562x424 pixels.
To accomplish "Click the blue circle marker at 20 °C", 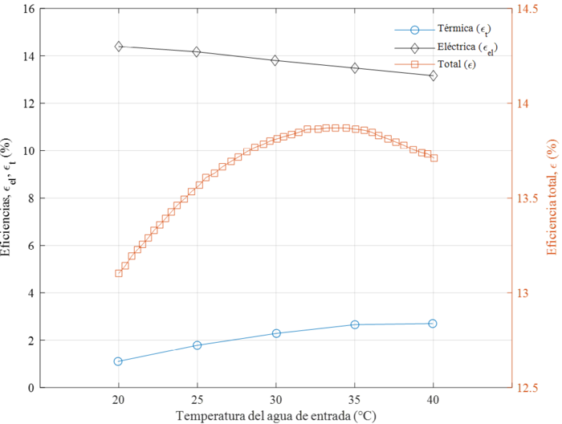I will pos(119,361).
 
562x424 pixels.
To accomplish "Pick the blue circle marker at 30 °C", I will pos(276,333).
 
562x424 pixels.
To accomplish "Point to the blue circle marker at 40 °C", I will pos(434,324).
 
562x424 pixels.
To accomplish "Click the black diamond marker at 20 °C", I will pos(119,47).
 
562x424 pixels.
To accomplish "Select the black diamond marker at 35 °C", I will pos(355,68).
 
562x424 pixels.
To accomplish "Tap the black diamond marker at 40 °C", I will pos(434,75).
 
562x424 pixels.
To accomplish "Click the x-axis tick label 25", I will pos(198,400).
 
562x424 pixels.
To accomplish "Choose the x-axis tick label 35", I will pos(355,400).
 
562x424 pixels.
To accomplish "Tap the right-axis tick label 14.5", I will pos(528,10).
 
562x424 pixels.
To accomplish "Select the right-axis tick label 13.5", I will pos(528,198).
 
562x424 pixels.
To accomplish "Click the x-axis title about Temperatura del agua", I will pos(276,415).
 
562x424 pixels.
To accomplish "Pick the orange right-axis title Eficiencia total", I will pos(553,197).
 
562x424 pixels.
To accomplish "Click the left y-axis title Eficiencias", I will pos(7,197).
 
